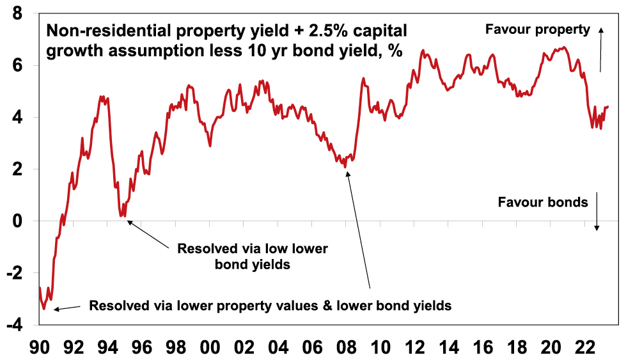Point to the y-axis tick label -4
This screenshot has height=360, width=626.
(x=17, y=325)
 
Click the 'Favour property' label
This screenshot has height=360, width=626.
(x=536, y=29)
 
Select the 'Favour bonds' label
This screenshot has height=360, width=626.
(x=542, y=203)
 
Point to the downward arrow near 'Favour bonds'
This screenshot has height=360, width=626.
(x=597, y=211)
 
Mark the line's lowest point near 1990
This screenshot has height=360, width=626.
(x=43, y=309)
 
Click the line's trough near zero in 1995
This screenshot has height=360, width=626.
(x=122, y=216)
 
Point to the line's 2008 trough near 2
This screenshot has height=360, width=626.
(x=346, y=167)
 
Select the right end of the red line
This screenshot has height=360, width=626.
(x=607, y=107)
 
